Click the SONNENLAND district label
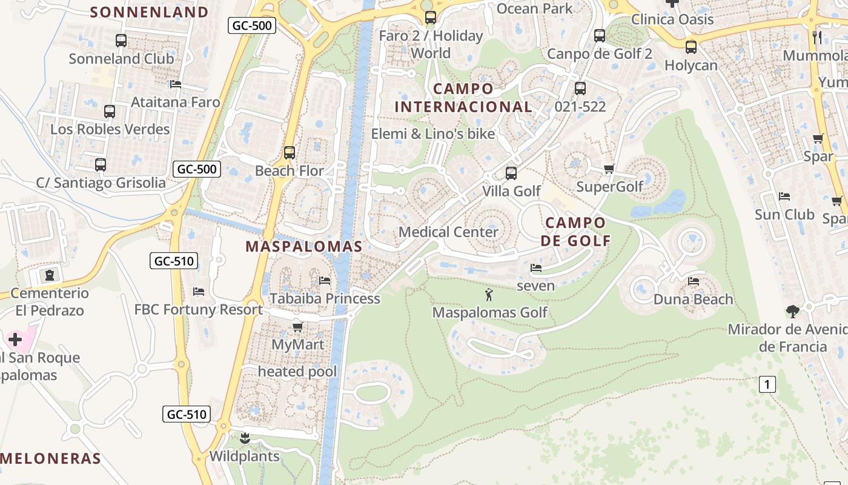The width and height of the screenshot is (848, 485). [x=149, y=12]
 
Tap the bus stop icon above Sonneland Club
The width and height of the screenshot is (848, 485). [x=121, y=41]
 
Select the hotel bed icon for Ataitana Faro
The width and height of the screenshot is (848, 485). [x=176, y=84]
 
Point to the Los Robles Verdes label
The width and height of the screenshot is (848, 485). [x=110, y=129]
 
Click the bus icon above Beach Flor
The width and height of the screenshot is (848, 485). [x=290, y=153]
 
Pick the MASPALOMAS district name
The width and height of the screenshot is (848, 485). [x=303, y=247]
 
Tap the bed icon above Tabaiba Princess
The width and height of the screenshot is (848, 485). [x=325, y=281]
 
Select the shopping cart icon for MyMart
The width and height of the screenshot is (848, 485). [x=297, y=327]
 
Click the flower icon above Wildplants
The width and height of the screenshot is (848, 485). [x=245, y=438]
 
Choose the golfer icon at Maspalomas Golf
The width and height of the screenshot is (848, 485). [x=489, y=295]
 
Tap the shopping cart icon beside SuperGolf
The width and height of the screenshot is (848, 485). [x=609, y=169]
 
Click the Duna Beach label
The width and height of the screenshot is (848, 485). [x=693, y=299]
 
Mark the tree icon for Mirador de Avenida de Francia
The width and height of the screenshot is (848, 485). [x=792, y=312]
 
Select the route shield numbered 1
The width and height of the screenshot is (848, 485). [x=767, y=384]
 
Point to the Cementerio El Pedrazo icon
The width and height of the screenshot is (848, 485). [x=49, y=275]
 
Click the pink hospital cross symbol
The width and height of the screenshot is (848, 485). [x=15, y=339]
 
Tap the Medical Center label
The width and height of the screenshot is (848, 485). [x=448, y=232]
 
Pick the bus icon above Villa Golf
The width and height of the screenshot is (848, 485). [x=511, y=173]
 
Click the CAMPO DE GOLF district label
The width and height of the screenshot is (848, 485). [x=575, y=232]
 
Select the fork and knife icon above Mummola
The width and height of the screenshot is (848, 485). [x=817, y=38]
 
